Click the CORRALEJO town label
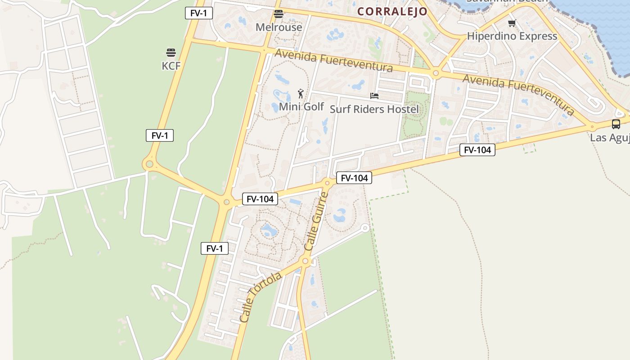click(x=392, y=12)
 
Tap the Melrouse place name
click(x=279, y=27)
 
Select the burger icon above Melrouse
click(x=279, y=14)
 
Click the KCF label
click(x=171, y=66)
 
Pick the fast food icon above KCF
click(x=171, y=53)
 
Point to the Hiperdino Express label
click(x=512, y=36)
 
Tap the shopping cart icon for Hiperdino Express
click(x=512, y=23)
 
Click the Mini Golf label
click(x=301, y=107)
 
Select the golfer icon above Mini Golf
click(x=301, y=94)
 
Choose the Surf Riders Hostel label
click(x=374, y=109)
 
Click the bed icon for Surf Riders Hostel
click(x=374, y=96)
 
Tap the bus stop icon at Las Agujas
click(x=616, y=124)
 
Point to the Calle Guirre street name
click(x=316, y=221)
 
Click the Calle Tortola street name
click(x=261, y=297)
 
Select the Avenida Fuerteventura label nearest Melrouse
click(x=333, y=61)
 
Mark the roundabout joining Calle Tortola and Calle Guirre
click(x=306, y=261)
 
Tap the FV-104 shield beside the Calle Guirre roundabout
click(x=354, y=178)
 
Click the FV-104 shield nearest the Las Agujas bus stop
click(x=477, y=150)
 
